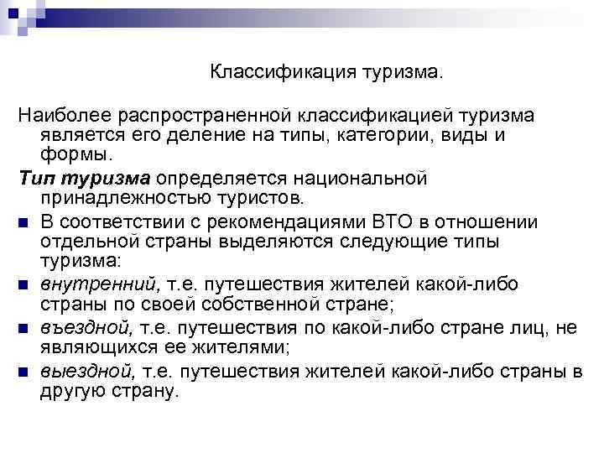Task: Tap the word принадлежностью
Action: pos(117,200)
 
